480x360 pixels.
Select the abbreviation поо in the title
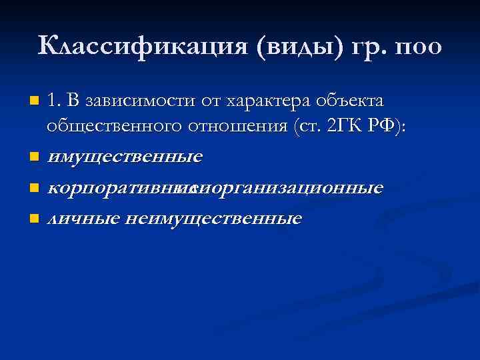418,47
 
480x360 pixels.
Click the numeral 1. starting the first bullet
55,101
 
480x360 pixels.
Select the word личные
73,218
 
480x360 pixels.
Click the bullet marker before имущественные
34,158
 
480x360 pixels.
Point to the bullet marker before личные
34,219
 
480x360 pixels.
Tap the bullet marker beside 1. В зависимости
34,102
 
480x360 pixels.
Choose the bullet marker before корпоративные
34,189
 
